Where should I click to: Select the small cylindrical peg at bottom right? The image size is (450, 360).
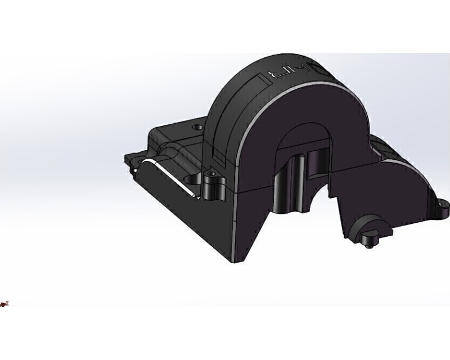click(368, 240)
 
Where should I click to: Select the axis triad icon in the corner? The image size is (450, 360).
click(5, 304)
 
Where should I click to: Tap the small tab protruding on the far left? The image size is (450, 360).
click(127, 157)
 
